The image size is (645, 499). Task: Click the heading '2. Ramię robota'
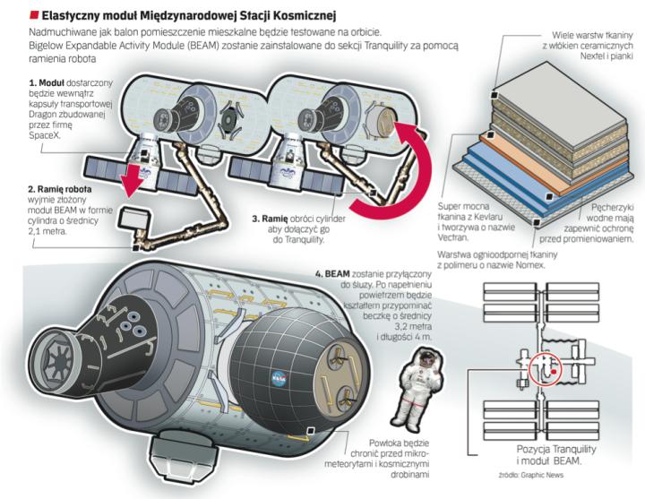pos(60,190)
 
